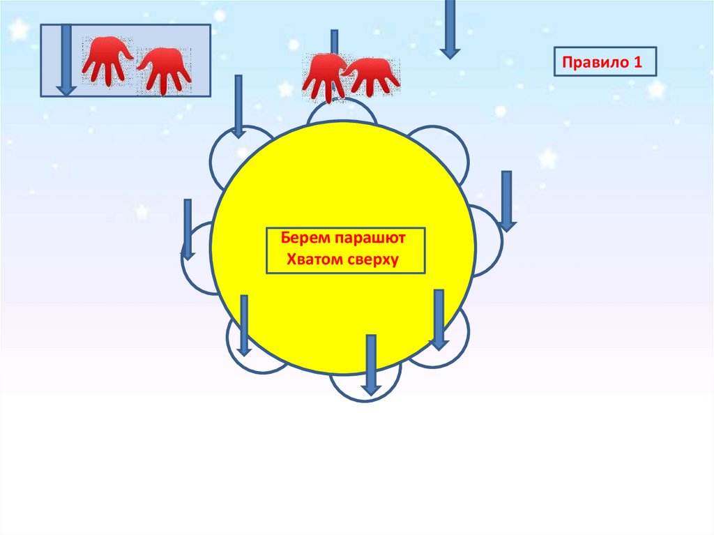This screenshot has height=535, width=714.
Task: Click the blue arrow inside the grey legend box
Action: [66, 59]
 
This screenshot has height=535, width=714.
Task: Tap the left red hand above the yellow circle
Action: [323, 75]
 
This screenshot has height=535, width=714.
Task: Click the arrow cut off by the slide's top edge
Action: [450, 28]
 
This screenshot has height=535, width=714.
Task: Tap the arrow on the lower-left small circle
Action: [244, 325]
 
